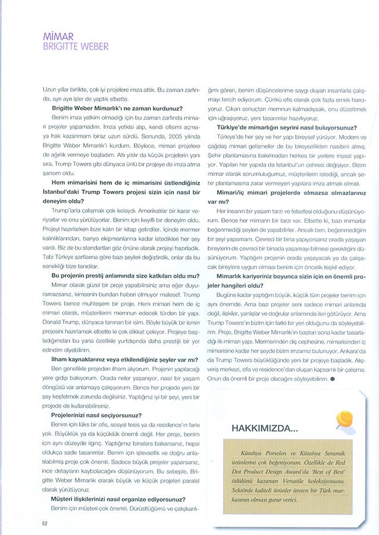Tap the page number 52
[x=44, y=523]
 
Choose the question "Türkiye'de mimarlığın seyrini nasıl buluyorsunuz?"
[x=287, y=127]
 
